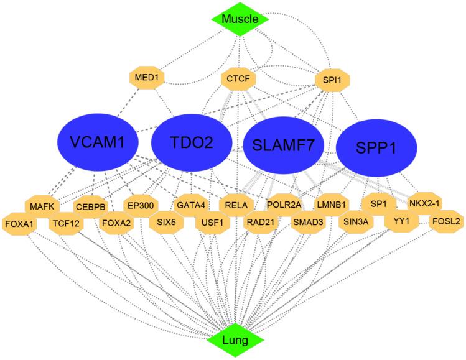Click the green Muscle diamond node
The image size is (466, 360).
240,19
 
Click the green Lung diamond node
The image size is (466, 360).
240,340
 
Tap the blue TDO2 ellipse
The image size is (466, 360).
192,142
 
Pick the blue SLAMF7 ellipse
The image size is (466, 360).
284,145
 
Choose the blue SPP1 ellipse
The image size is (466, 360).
376,147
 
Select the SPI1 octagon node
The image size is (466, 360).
332,80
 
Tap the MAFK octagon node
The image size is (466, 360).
42,205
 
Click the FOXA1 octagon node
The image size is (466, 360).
19,222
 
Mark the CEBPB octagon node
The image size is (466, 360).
91,206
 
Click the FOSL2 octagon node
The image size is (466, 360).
446,221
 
